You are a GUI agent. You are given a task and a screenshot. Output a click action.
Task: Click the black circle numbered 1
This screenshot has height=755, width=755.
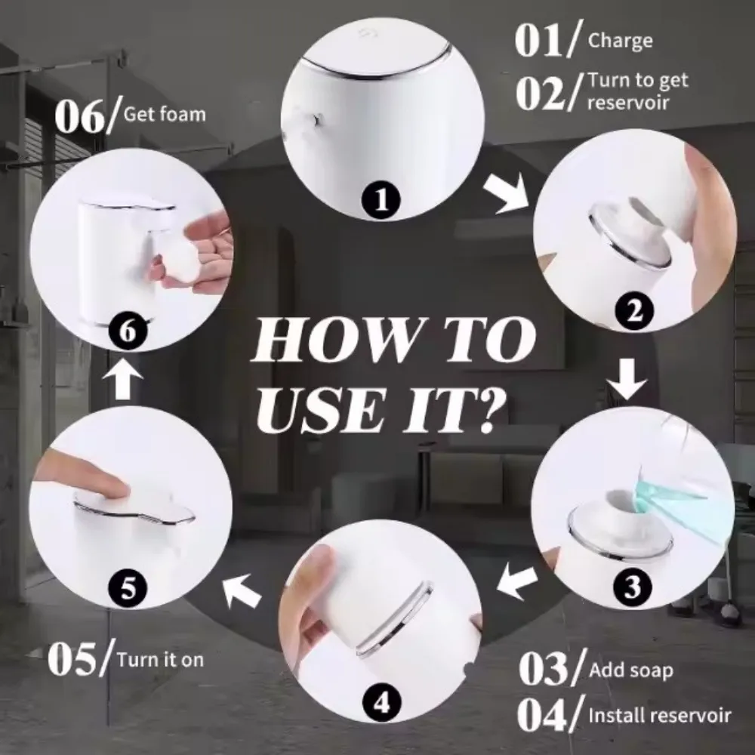point(384,199)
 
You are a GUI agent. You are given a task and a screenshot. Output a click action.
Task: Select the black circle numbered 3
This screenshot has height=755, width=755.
point(633,585)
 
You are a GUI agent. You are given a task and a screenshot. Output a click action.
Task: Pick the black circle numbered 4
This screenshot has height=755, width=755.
point(383,704)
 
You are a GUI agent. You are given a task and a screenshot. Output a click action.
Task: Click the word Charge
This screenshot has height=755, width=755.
point(620,40)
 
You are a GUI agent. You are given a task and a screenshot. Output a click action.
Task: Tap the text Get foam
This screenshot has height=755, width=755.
point(164,115)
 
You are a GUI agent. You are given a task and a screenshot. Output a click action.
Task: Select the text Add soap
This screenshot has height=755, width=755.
point(630,670)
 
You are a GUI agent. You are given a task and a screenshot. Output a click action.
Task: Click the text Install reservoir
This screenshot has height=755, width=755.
point(659,714)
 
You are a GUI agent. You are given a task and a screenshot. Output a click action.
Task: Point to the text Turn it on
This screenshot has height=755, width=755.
point(160,659)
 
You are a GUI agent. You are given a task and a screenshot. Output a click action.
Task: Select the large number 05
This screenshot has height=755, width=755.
point(75,659)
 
